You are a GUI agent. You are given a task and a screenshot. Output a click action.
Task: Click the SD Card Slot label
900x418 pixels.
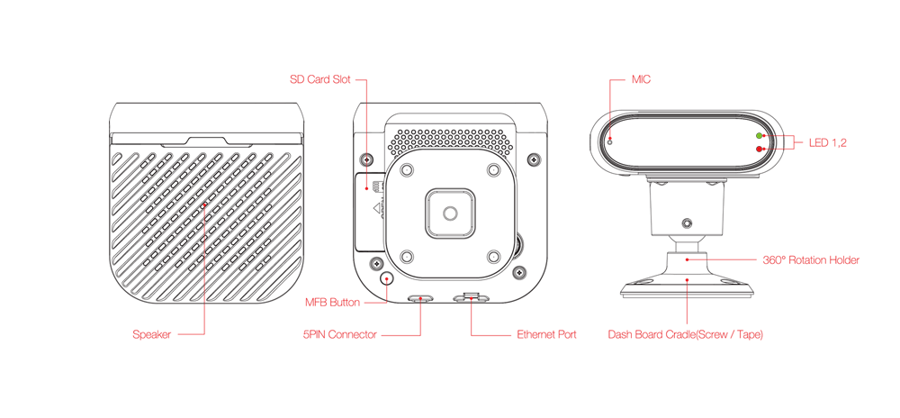pos(319,79)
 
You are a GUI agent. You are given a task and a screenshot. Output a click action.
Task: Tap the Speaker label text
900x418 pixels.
pos(151,334)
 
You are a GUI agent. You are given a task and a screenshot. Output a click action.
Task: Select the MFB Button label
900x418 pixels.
pos(332,303)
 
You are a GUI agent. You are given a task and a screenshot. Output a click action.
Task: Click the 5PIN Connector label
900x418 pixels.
pos(340,334)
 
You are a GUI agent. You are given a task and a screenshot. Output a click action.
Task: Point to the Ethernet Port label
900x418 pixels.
pos(546,334)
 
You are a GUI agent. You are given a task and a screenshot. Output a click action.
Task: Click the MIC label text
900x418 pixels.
pos(641,79)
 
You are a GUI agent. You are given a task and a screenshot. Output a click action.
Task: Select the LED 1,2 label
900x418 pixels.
pos(828,143)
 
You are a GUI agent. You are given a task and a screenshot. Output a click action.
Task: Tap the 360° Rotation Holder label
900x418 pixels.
pos(811,260)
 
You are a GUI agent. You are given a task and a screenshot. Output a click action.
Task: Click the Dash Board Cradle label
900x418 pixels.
pos(685,334)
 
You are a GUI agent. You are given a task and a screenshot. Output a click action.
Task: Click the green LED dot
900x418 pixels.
pos(759,136)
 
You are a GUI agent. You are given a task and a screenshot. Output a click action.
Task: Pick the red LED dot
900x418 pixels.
pos(759,150)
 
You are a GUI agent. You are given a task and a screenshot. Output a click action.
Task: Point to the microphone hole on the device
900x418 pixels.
pos(609,141)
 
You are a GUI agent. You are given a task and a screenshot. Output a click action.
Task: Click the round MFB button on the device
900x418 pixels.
pos(387,278)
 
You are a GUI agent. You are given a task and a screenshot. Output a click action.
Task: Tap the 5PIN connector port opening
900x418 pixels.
pos(420,298)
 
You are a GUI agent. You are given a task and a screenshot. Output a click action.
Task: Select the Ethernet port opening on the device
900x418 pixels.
pos(471,298)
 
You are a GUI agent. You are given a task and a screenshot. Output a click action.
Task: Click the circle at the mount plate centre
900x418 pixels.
pos(451,213)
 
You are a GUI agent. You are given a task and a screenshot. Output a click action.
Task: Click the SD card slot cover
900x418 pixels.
pos(370,213)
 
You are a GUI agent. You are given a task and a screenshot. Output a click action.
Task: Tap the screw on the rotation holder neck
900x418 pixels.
pos(686,223)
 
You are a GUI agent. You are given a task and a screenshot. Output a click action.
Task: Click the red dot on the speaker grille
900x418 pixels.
pos(203,204)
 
